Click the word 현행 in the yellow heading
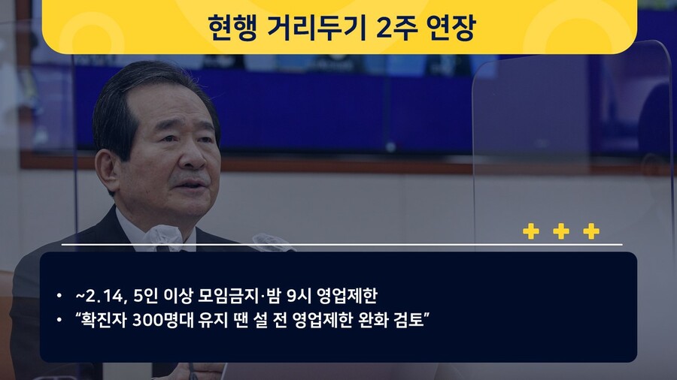coord(232,27)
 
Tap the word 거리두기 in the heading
coord(317,27)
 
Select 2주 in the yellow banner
coord(395,27)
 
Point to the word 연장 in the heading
coord(451,27)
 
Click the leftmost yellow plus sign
coord(531,231)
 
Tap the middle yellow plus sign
coord(561,231)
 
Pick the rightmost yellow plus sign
coord(591,231)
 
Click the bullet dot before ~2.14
coord(59,296)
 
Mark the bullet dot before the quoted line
coord(59,320)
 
